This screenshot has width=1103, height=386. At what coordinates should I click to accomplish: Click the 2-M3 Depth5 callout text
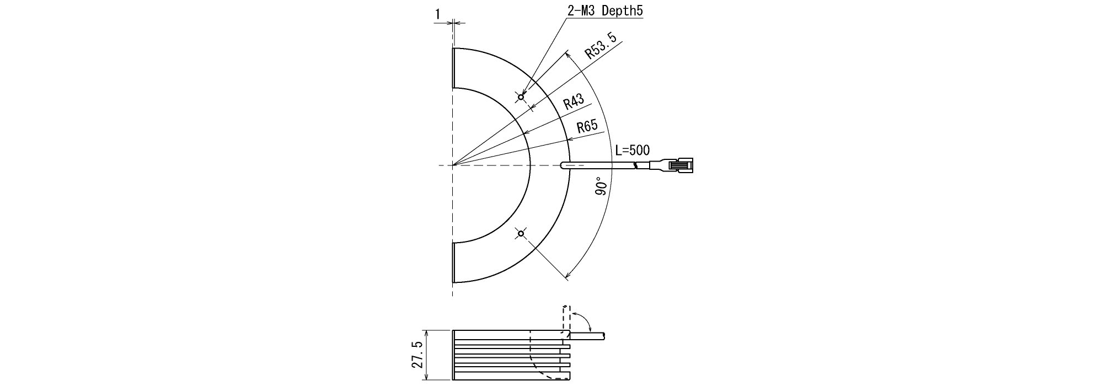pos(605,10)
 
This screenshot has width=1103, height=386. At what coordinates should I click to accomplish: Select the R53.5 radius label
pos(601,46)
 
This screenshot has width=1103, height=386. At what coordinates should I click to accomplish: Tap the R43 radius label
pos(574,102)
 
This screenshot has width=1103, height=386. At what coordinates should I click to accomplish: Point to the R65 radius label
pos(587,127)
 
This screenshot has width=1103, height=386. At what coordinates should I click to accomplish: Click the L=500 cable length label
pos(633,150)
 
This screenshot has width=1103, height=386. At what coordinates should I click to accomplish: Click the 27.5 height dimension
pos(417,355)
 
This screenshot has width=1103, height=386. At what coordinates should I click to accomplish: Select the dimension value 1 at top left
pos(437,14)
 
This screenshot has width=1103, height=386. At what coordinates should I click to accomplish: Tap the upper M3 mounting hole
pos(521,97)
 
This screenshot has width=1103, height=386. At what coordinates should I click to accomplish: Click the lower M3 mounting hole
pos(521,233)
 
